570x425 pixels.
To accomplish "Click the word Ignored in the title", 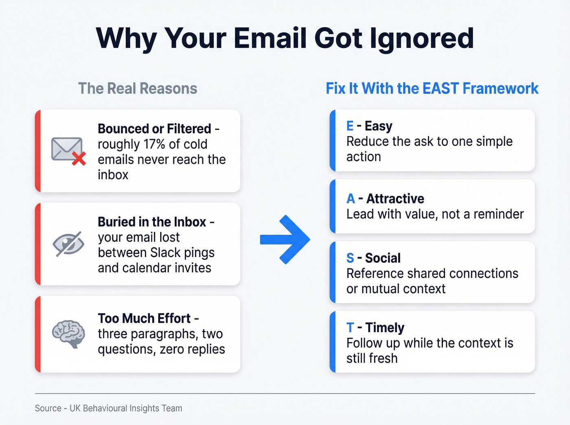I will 422,39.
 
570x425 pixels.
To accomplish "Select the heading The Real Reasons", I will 138,89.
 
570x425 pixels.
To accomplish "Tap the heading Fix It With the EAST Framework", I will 432,89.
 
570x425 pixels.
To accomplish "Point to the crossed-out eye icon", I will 68,244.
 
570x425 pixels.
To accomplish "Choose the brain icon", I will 68,333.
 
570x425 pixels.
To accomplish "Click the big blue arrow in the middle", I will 285,240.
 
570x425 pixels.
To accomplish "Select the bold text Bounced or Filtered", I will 154,129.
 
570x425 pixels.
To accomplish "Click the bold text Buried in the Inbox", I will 152,222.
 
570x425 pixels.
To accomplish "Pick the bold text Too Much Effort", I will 144,318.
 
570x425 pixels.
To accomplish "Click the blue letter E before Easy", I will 350,126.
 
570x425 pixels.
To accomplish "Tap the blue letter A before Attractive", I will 351,199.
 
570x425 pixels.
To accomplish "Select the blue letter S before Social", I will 350,258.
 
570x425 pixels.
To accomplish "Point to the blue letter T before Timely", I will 350,328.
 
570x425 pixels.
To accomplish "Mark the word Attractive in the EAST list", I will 395,199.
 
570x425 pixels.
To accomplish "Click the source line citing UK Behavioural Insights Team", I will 109,408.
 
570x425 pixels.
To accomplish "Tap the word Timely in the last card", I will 385,328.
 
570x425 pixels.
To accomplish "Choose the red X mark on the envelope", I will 79,159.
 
